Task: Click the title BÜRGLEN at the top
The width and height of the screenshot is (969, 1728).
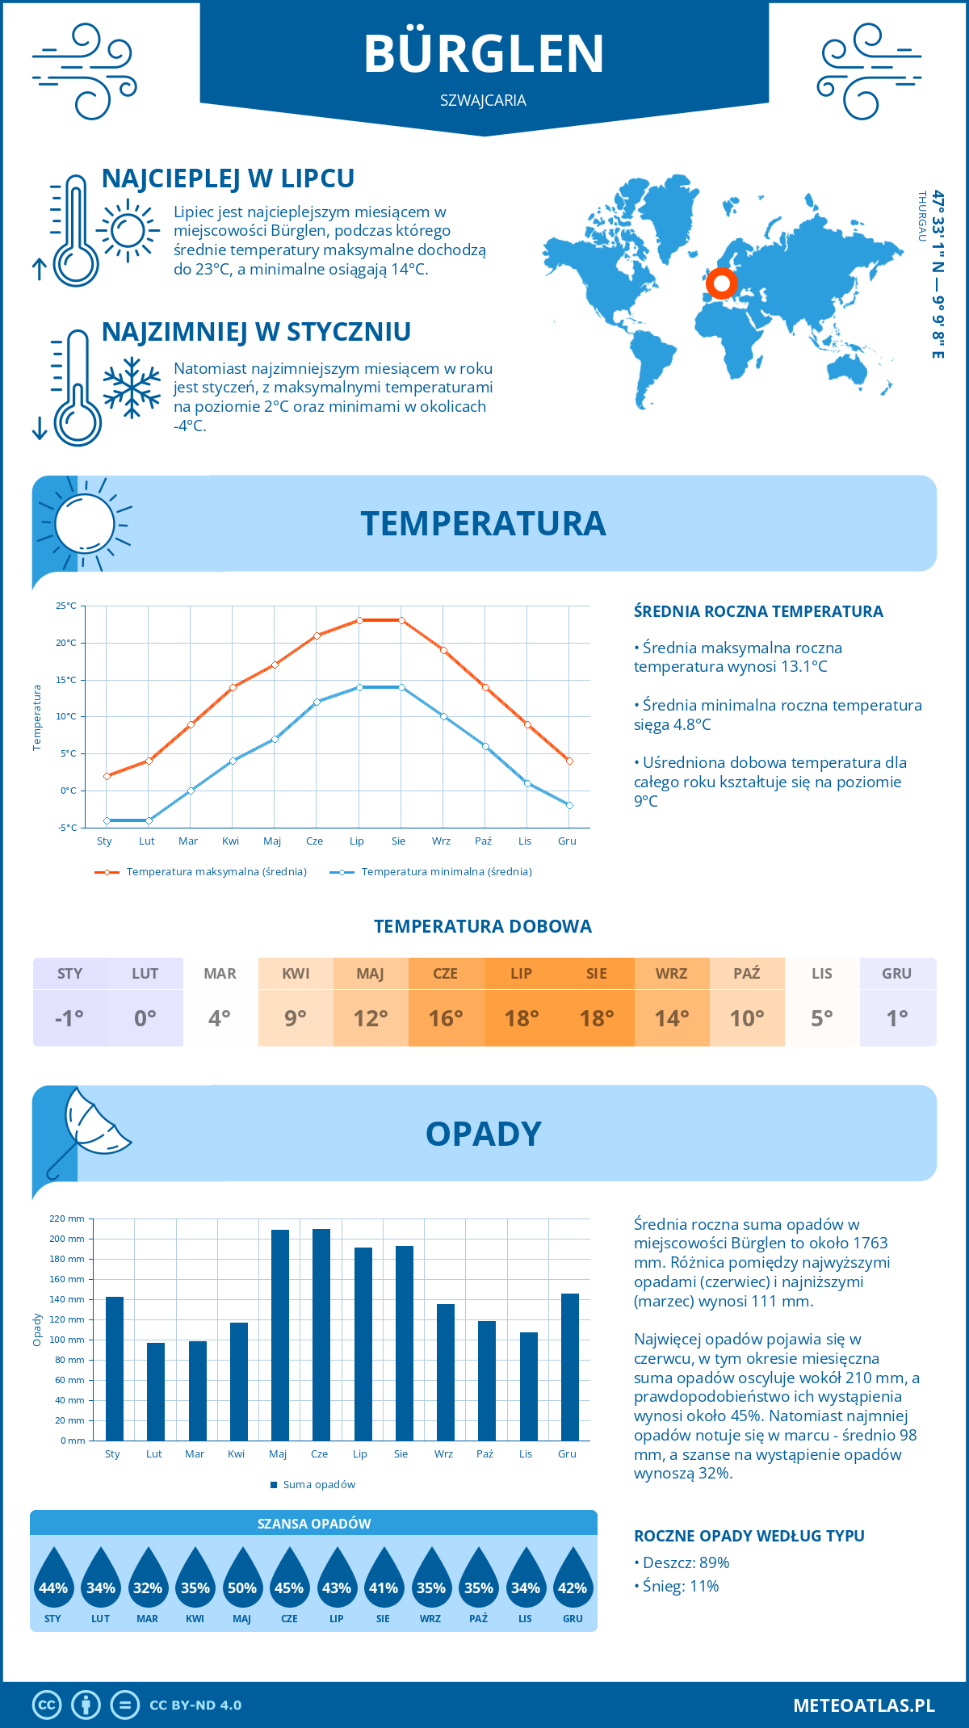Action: [484, 54]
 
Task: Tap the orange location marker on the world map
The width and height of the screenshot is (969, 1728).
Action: [721, 283]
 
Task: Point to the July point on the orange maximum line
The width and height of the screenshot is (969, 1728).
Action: [359, 620]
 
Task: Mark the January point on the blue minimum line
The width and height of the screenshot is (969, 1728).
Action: [107, 820]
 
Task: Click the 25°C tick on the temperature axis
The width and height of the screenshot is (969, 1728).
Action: [66, 606]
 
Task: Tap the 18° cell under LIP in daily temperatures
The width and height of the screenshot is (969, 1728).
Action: [521, 1018]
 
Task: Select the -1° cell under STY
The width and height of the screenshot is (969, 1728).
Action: [69, 1018]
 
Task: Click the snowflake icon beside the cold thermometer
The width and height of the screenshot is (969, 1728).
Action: [132, 388]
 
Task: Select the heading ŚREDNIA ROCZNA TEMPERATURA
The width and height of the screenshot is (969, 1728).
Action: [758, 611]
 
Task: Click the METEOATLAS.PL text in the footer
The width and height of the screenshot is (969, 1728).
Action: [863, 1705]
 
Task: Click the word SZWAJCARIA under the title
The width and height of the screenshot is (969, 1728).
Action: [483, 100]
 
